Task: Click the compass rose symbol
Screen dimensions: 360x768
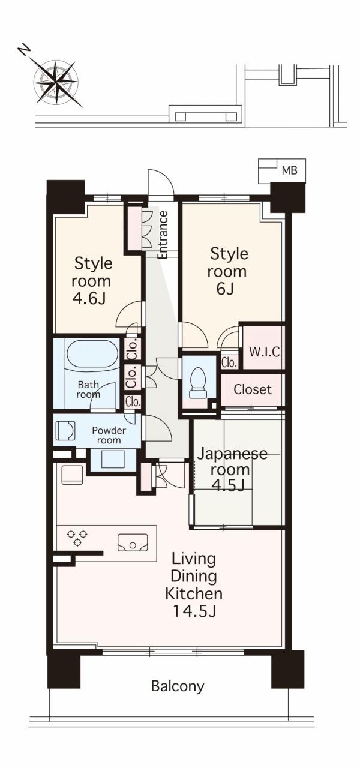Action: pyautogui.click(x=56, y=82)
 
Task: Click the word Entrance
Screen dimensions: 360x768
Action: pyautogui.click(x=163, y=235)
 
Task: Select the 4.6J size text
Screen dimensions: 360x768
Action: pyautogui.click(x=88, y=299)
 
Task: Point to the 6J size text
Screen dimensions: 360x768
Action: pyautogui.click(x=225, y=289)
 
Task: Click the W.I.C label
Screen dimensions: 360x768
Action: pyautogui.click(x=264, y=352)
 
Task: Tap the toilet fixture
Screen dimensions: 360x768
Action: pyautogui.click(x=199, y=383)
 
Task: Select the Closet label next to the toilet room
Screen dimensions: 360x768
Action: pyautogui.click(x=253, y=389)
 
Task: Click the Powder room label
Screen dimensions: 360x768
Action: pyautogui.click(x=109, y=435)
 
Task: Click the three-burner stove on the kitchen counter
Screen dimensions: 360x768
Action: pyautogui.click(x=77, y=537)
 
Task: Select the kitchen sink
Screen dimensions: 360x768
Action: pyautogui.click(x=133, y=542)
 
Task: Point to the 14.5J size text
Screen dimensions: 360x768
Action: pyautogui.click(x=194, y=611)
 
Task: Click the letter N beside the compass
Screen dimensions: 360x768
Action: pyautogui.click(x=24, y=50)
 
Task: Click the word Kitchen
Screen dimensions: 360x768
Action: pyautogui.click(x=194, y=593)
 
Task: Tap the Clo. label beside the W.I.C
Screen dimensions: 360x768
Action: pyautogui.click(x=229, y=362)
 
